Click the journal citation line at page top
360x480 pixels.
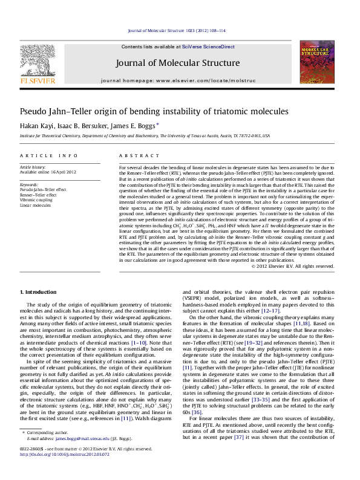click(180, 30)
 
